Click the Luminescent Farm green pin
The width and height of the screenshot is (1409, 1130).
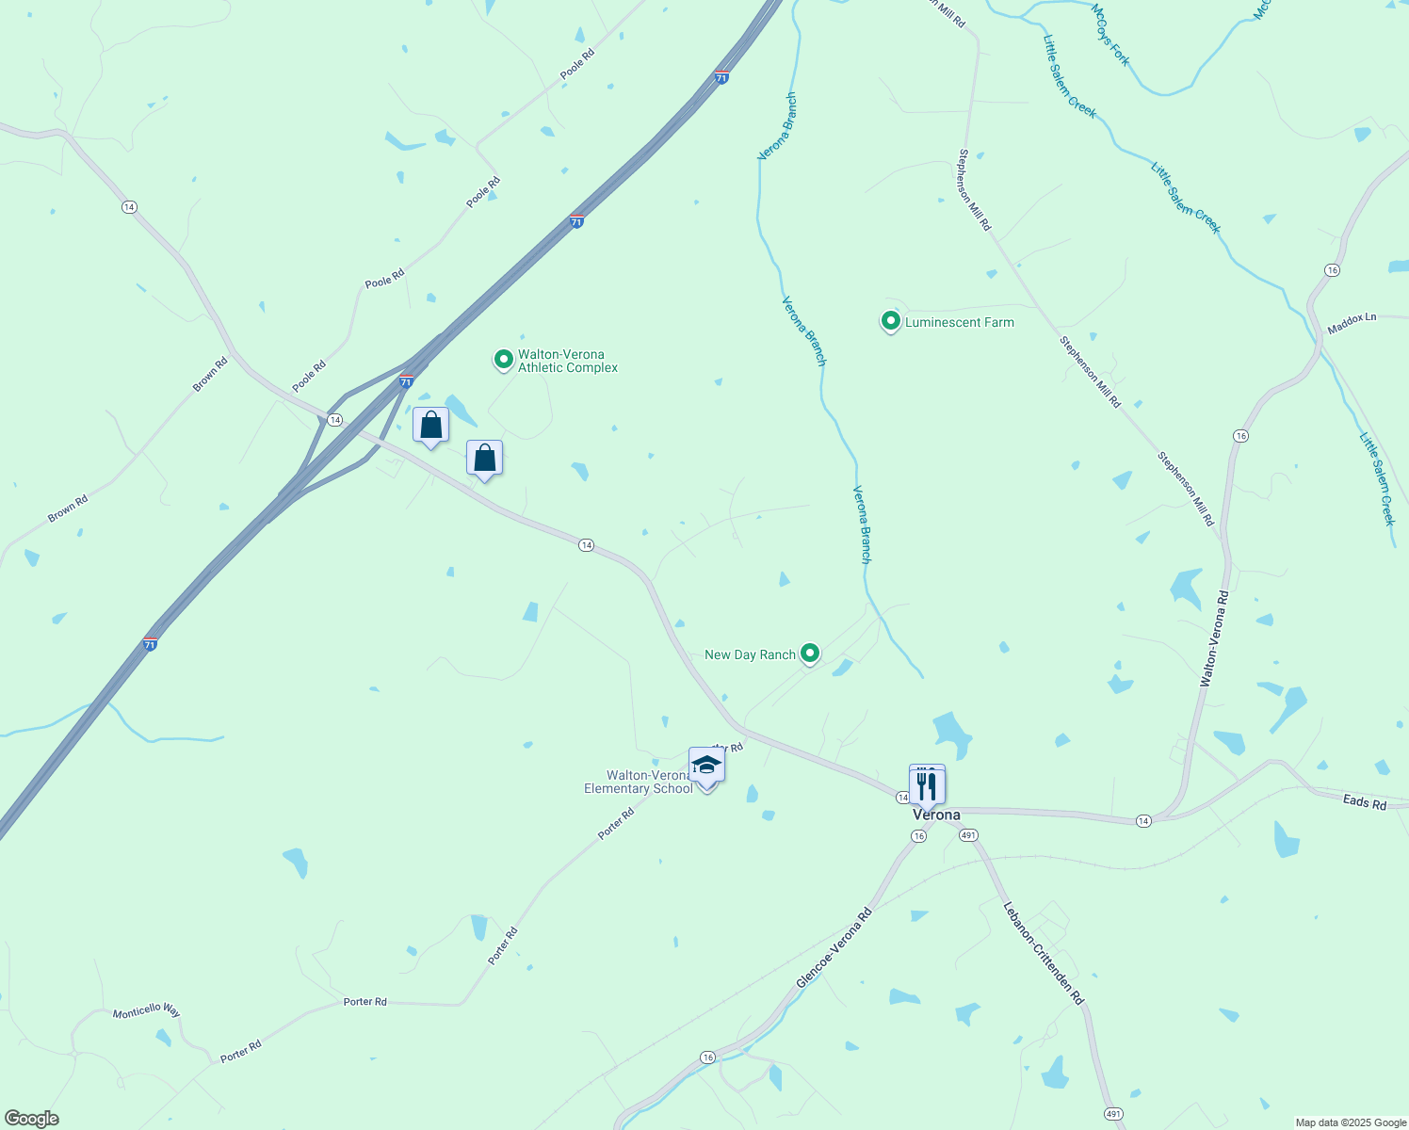point(890,321)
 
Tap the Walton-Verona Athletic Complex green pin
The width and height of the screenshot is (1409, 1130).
point(503,359)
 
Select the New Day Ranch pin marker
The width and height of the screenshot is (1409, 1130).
point(809,654)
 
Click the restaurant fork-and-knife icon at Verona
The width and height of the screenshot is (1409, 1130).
point(928,784)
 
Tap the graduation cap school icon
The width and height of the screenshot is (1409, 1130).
point(706,766)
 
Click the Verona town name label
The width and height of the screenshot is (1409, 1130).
point(936,815)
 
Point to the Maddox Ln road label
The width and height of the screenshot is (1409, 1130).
point(1352,324)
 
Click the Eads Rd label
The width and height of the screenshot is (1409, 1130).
point(1365,803)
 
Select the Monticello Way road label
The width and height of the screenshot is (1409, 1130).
point(146,1010)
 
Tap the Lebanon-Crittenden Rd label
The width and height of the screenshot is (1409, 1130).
point(1044,953)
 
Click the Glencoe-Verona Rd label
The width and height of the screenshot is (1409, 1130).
point(834,948)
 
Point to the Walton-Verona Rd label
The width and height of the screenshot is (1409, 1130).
point(1215,638)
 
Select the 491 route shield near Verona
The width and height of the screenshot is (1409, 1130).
point(969,835)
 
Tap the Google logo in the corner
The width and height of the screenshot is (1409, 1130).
point(31,1119)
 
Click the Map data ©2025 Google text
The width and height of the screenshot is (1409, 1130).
point(1351,1122)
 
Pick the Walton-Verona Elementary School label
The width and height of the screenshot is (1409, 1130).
point(639,782)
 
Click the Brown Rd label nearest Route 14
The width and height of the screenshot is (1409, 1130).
point(210,374)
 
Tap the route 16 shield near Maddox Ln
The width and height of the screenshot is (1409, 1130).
point(1331,270)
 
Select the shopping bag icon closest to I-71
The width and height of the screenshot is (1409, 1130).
point(430,425)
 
